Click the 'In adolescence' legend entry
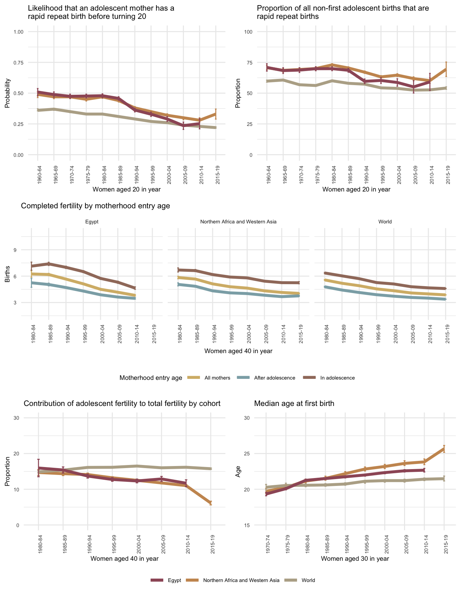point(337,378)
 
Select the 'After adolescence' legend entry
point(274,378)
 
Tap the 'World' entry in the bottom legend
point(308,580)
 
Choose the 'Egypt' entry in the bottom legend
point(174,580)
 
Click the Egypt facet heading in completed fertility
point(92,222)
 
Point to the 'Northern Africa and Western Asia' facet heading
point(238,222)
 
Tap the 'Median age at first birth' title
point(294,404)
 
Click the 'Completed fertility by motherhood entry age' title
point(96,206)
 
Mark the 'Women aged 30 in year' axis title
point(355,558)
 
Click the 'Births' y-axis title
point(8,276)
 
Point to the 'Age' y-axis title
point(238,472)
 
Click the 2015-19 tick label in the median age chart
point(444,544)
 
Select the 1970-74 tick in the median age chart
point(267,544)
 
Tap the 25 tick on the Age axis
point(247,453)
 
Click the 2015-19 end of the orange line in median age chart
point(444,449)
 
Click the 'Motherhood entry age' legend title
point(151,378)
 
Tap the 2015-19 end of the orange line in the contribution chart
point(211,503)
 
